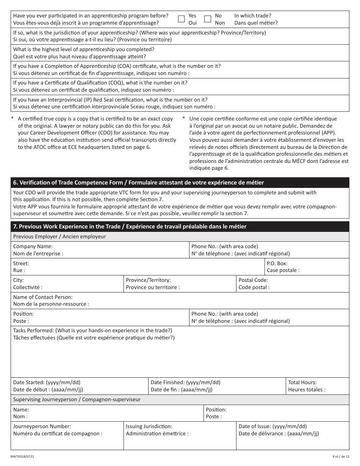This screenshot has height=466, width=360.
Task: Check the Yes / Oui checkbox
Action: [182, 19]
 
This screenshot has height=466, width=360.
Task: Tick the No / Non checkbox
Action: [207, 19]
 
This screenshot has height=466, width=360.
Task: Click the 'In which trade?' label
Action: [252, 16]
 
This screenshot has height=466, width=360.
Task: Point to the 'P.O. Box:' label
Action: [277, 263]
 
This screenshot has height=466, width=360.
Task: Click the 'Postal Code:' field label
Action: [253, 280]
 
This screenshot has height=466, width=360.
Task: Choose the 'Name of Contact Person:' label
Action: [43, 297]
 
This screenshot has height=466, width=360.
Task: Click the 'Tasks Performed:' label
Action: [34, 330]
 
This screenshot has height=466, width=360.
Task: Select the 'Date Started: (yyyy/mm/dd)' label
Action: [47, 382]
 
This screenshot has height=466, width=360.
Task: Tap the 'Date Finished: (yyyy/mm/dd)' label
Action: [185, 382]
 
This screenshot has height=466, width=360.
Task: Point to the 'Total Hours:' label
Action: [302, 382]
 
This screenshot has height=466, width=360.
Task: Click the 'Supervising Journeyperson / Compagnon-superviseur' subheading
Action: [77, 399]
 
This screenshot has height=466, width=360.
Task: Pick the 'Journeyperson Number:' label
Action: [42, 426]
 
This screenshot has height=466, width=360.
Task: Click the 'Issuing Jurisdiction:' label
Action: [149, 426]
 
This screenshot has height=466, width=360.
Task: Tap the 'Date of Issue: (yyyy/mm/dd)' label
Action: [272, 426]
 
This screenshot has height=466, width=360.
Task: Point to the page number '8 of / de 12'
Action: [338, 457]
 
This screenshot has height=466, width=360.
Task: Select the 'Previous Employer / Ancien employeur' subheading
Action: [59, 236]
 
